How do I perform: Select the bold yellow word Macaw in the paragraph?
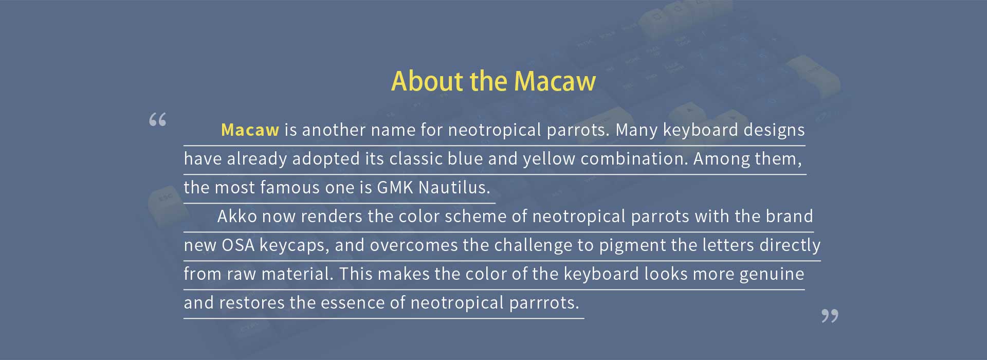[250, 130]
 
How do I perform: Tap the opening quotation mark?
[158, 119]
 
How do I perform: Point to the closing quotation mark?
[830, 316]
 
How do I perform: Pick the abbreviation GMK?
[395, 187]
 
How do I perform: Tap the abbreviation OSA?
[238, 245]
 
